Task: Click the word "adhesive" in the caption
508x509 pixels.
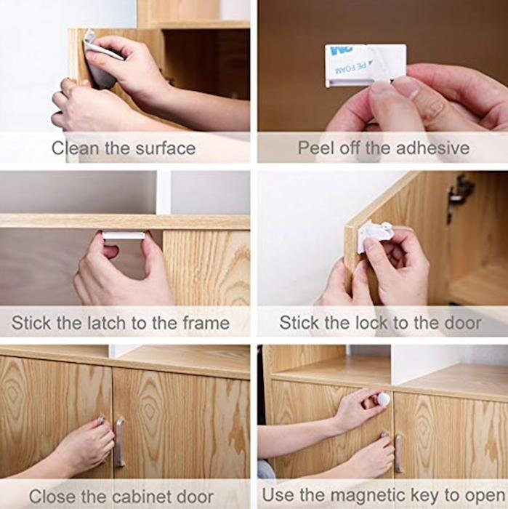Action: (432, 148)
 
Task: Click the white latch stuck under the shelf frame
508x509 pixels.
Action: (124, 236)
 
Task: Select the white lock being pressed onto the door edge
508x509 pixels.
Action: (373, 236)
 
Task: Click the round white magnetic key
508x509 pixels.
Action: (383, 399)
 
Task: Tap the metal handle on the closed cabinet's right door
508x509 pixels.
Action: (120, 442)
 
